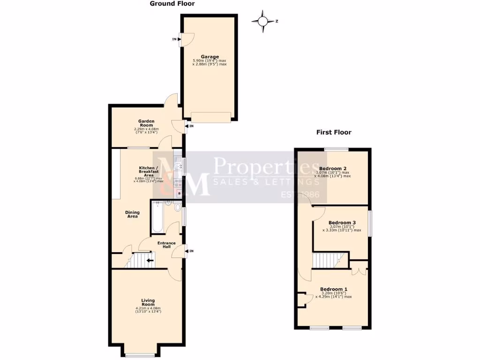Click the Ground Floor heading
coord(172,4)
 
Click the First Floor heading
coord(333,132)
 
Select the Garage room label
coord(210,57)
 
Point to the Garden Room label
coord(146,123)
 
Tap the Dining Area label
coord(132,214)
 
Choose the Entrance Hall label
coord(166,245)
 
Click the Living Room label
coord(148,302)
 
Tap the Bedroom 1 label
coord(334,289)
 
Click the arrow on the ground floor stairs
coord(150,260)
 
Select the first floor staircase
coord(328,260)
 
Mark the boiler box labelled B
coord(179,193)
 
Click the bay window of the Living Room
coord(140,354)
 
